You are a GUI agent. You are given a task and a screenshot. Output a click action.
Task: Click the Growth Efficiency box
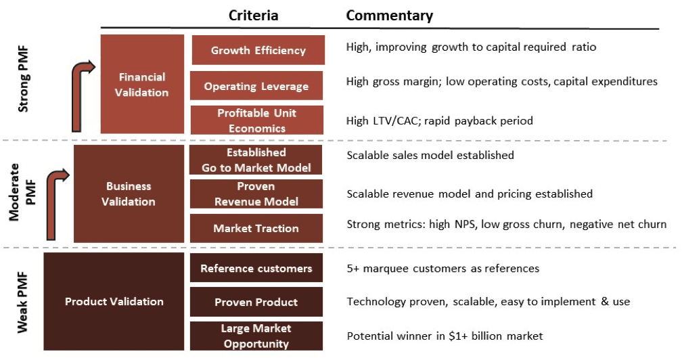(258, 51)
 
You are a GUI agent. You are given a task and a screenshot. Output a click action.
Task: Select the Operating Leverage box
(256, 86)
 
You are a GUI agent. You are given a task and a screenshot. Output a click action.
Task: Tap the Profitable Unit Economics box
(256, 120)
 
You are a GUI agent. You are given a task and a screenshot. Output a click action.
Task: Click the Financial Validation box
(142, 84)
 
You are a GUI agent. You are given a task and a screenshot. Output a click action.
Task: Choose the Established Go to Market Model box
(256, 160)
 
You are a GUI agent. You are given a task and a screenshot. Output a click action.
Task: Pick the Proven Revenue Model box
(256, 194)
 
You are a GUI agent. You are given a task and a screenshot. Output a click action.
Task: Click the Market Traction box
(256, 228)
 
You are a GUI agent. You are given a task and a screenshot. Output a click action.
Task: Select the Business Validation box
(129, 194)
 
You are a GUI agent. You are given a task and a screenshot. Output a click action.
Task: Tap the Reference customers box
(256, 269)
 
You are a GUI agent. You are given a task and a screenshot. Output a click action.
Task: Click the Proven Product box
(256, 302)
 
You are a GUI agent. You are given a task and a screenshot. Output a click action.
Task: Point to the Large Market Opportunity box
(256, 336)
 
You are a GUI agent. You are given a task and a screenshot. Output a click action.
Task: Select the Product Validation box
(114, 301)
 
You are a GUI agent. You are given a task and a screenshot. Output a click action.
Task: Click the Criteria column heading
(253, 15)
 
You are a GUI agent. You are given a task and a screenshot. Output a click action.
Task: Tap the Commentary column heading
(389, 15)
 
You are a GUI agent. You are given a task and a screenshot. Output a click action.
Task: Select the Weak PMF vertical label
(22, 302)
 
